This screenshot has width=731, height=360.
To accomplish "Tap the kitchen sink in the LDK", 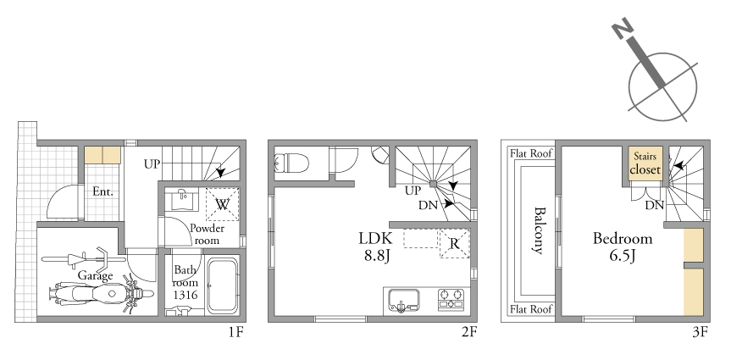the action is (x=403, y=301).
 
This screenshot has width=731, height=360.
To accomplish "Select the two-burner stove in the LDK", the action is (x=451, y=299).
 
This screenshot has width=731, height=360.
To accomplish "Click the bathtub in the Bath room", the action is (x=223, y=285).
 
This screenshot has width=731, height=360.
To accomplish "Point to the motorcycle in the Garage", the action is (x=101, y=294).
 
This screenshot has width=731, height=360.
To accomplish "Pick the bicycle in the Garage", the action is (x=83, y=259).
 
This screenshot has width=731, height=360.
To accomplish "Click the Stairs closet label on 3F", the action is (x=645, y=163).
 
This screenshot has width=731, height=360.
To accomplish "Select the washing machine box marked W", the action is (x=223, y=204).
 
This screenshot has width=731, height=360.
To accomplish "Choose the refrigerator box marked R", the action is (x=455, y=243).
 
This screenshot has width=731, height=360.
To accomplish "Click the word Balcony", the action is (x=540, y=230).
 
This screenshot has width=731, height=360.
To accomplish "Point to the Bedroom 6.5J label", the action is (x=623, y=246).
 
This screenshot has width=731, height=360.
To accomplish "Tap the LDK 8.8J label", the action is (x=375, y=246).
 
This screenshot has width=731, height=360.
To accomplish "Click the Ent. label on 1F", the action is (x=102, y=191).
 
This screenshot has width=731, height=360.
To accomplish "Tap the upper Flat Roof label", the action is (x=531, y=153).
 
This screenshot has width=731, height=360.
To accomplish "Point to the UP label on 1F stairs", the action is (x=152, y=164).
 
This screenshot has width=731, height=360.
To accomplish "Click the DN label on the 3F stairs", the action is (x=655, y=205).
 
